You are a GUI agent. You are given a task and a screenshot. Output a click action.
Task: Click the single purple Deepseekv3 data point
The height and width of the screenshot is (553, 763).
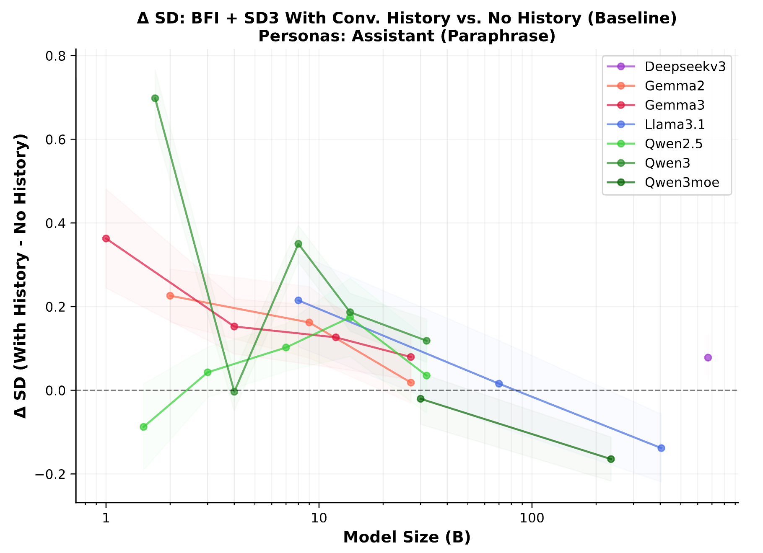click(708, 357)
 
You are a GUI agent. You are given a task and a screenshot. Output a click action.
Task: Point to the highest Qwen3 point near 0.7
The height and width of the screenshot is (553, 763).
click(155, 98)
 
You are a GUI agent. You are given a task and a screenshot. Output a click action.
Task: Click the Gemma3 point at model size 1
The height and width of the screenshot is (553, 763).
click(106, 238)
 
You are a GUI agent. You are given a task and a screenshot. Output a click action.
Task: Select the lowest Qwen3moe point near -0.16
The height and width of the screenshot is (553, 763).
click(611, 459)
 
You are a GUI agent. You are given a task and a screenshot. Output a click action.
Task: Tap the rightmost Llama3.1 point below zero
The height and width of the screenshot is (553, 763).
click(661, 448)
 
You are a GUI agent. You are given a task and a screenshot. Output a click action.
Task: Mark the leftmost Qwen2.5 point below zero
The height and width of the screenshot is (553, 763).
click(143, 427)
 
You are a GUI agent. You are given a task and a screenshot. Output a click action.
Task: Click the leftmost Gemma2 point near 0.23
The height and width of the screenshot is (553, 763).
click(170, 296)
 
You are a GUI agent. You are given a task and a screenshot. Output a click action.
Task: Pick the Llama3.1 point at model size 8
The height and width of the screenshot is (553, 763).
click(298, 300)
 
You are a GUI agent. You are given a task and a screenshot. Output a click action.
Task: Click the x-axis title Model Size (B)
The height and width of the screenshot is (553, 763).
click(407, 537)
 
